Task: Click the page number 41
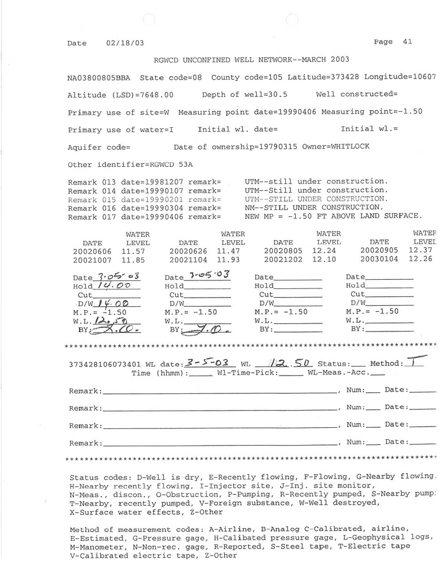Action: click(x=407, y=41)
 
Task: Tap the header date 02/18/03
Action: click(x=125, y=43)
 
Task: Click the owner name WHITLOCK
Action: click(x=350, y=146)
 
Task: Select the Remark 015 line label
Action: click(x=92, y=199)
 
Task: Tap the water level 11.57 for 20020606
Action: click(x=133, y=251)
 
